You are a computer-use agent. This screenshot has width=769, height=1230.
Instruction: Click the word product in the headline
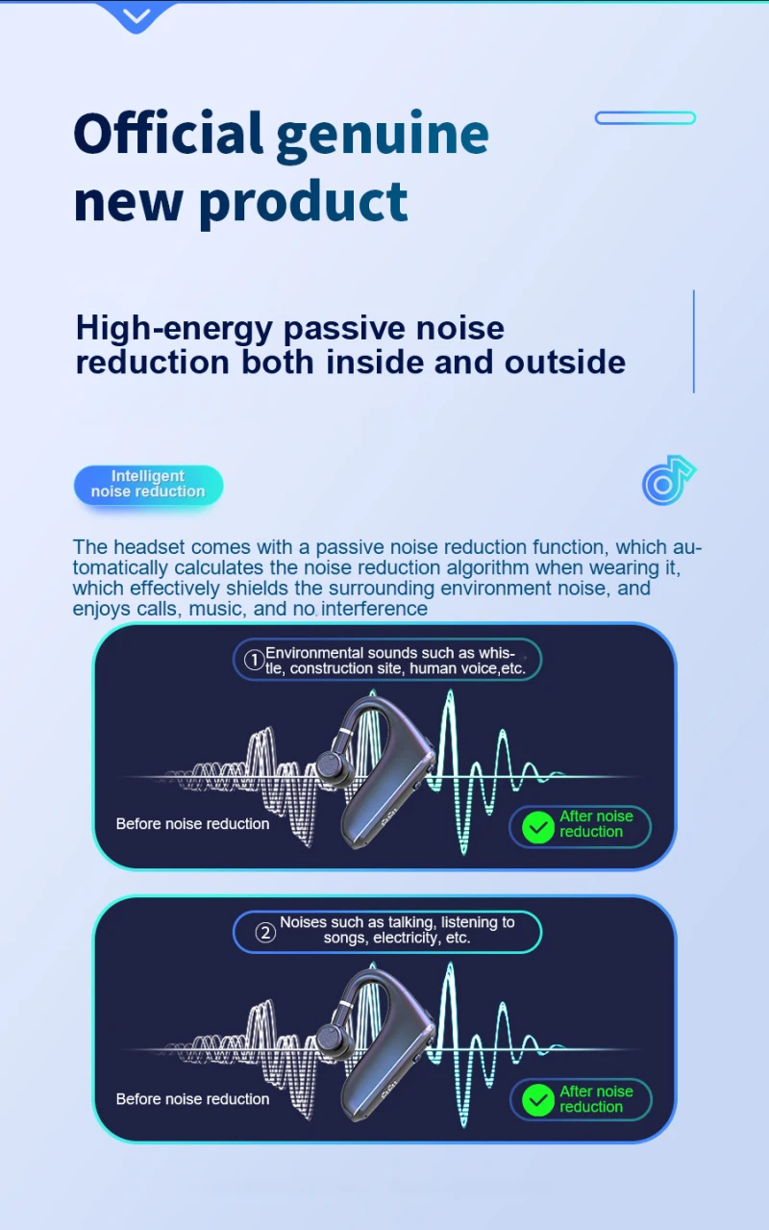tap(303, 201)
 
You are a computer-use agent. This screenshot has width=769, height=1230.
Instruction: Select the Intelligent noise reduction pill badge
tap(148, 485)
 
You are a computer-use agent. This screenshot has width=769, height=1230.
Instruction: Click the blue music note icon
tap(667, 480)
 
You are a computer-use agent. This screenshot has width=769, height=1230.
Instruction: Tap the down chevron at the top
tap(137, 15)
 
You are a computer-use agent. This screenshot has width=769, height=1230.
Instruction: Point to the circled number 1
tap(254, 661)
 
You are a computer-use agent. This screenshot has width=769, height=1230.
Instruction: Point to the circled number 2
tap(264, 931)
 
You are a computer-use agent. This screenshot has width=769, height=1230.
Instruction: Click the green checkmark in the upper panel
tap(538, 826)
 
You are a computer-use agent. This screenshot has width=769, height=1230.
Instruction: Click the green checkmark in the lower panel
tap(538, 1099)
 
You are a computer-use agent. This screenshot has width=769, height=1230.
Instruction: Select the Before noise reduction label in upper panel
tap(192, 824)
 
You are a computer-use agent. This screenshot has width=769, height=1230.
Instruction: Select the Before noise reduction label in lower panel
tap(192, 1099)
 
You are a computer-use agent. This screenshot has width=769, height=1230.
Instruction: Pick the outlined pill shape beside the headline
tap(645, 118)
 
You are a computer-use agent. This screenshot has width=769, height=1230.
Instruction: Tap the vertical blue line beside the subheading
tap(693, 341)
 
